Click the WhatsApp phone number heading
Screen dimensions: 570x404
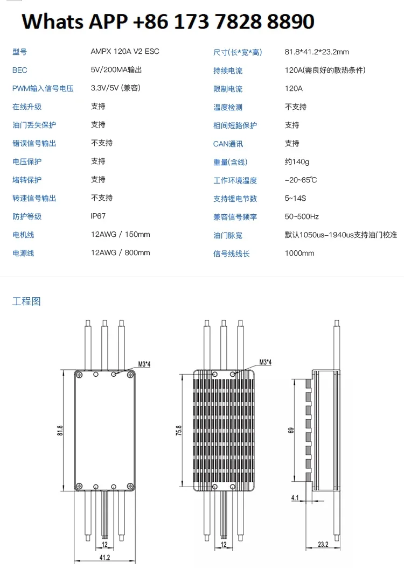pyautogui.click(x=168, y=22)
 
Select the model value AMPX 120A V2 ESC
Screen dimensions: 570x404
pyautogui.click(x=125, y=52)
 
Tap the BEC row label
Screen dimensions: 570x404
pyautogui.click(x=20, y=70)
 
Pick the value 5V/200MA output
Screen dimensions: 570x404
pyautogui.click(x=116, y=70)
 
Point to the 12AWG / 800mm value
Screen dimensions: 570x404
pyautogui.click(x=120, y=253)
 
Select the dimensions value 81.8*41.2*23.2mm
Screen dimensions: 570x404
pyautogui.click(x=317, y=52)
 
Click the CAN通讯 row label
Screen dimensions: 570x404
pyautogui.click(x=228, y=144)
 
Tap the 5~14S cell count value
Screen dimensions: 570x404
pyautogui.click(x=295, y=199)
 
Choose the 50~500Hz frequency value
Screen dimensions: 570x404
pyautogui.click(x=302, y=217)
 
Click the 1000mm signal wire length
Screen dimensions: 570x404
pyautogui.click(x=299, y=254)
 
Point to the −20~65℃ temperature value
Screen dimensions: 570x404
pyautogui.click(x=301, y=180)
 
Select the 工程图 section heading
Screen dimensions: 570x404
pyautogui.click(x=26, y=301)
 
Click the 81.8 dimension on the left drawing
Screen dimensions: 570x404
pyautogui.click(x=60, y=431)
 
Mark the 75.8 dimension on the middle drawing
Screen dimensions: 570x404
pyautogui.click(x=179, y=431)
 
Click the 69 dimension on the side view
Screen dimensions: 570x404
pyautogui.click(x=291, y=430)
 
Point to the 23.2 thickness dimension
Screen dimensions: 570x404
pyautogui.click(x=323, y=545)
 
